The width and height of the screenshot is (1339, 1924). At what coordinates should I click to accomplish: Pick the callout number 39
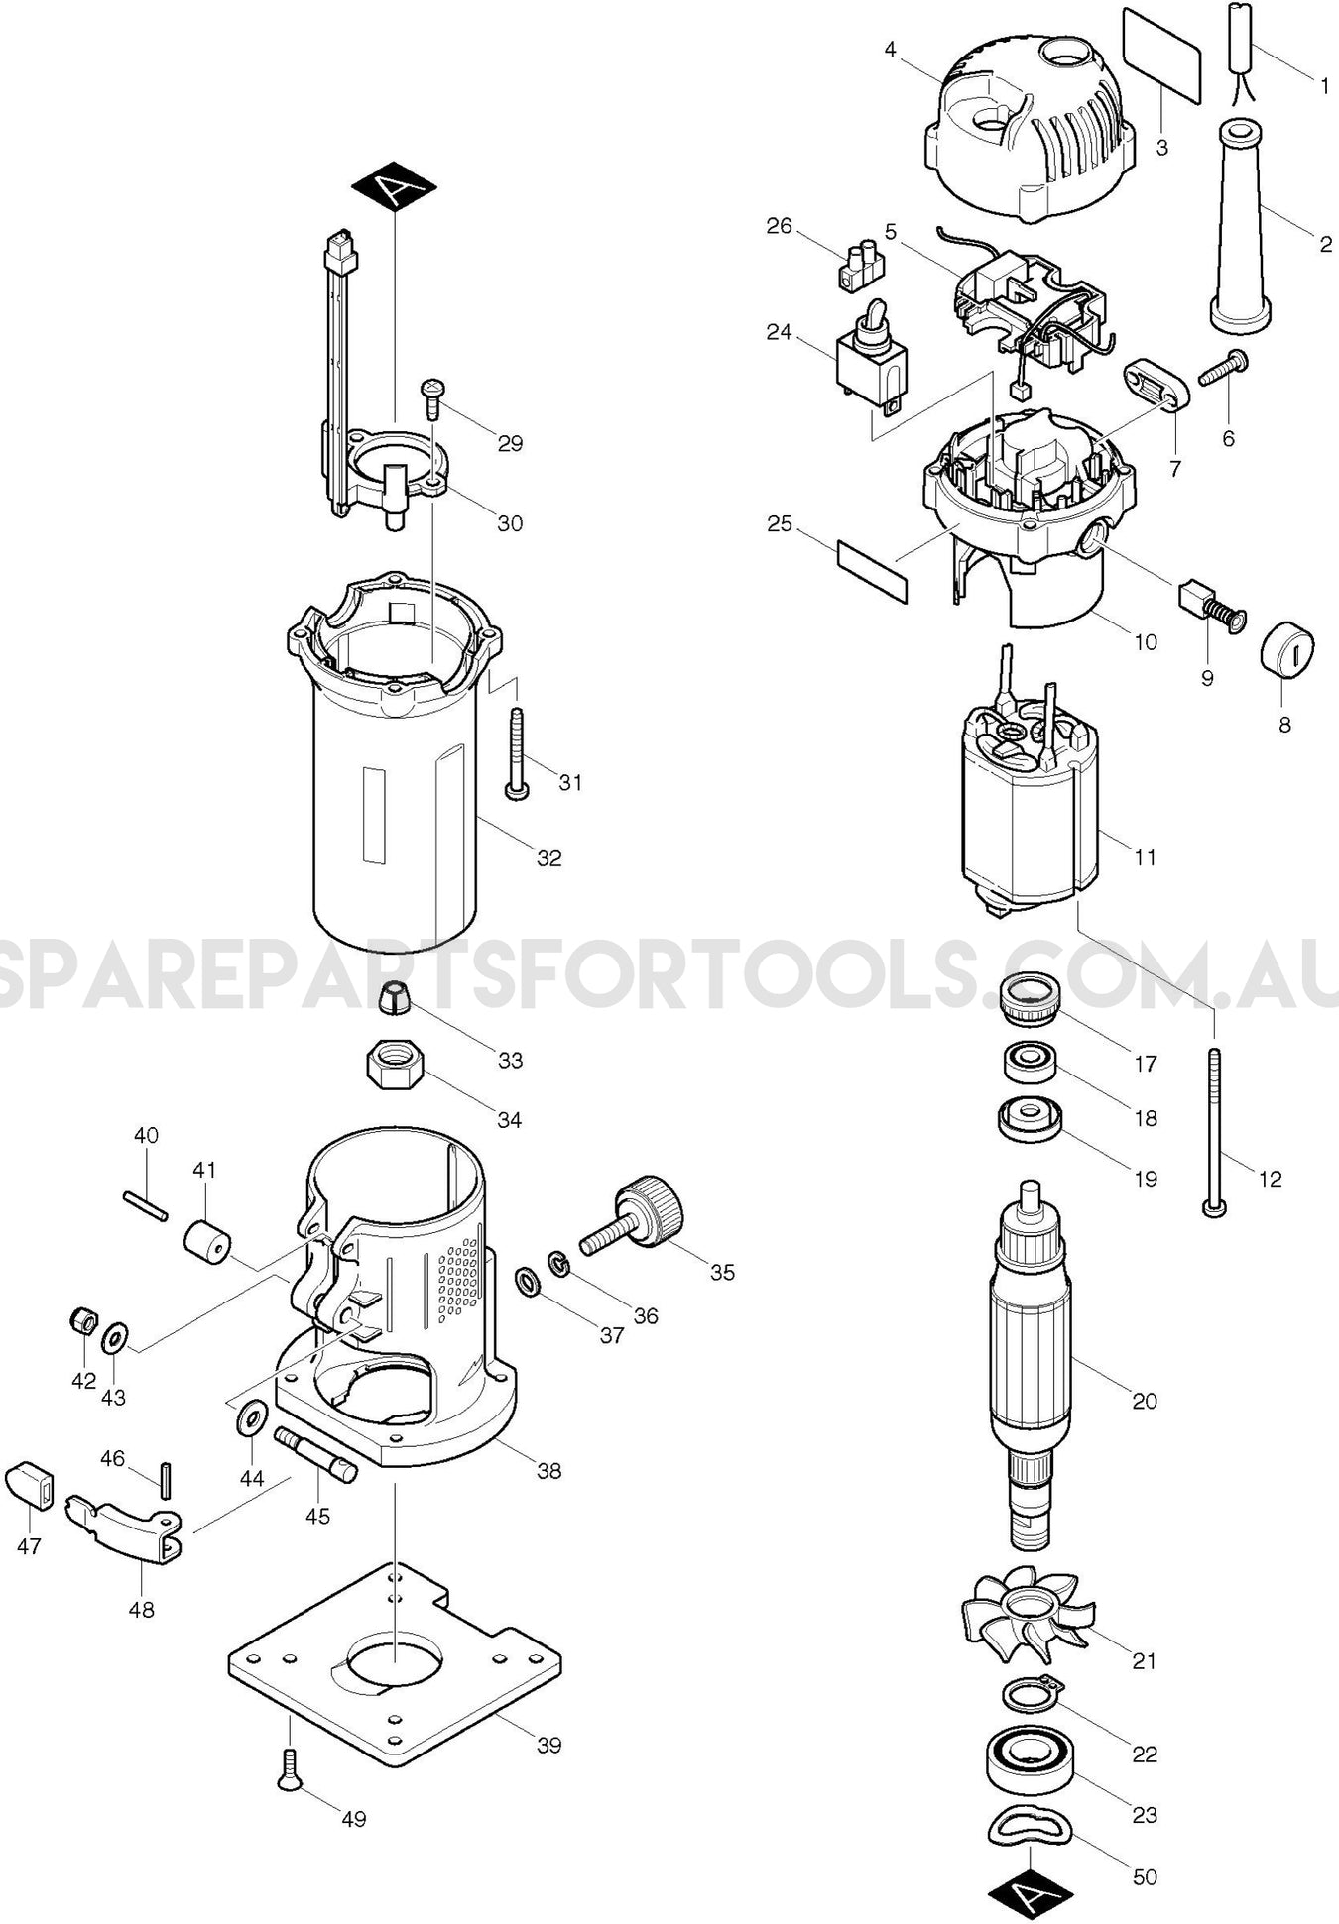point(548,1745)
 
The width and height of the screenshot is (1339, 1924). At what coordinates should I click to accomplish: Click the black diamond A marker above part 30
point(394,185)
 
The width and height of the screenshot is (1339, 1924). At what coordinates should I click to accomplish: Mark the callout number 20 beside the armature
point(1144,1401)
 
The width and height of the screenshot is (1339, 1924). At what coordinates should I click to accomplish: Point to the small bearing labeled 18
point(1028,1064)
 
